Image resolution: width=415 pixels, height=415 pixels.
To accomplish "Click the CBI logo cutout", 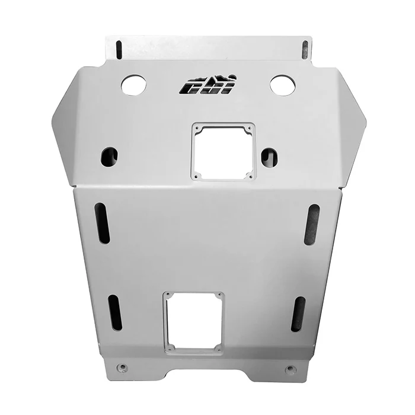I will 207,85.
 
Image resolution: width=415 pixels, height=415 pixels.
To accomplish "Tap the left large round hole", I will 133,85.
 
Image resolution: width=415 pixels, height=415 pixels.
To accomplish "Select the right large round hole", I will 283,85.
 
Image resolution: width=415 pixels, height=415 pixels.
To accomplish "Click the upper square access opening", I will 223,151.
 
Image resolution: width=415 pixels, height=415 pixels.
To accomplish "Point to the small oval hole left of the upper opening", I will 109,157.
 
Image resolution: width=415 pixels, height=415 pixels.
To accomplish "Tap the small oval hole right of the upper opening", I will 269,157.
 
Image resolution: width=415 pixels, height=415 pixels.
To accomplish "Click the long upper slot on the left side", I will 102,223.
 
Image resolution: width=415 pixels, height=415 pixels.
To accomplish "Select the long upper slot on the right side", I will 312,225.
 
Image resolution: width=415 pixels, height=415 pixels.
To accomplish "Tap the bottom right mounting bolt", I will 290,369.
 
